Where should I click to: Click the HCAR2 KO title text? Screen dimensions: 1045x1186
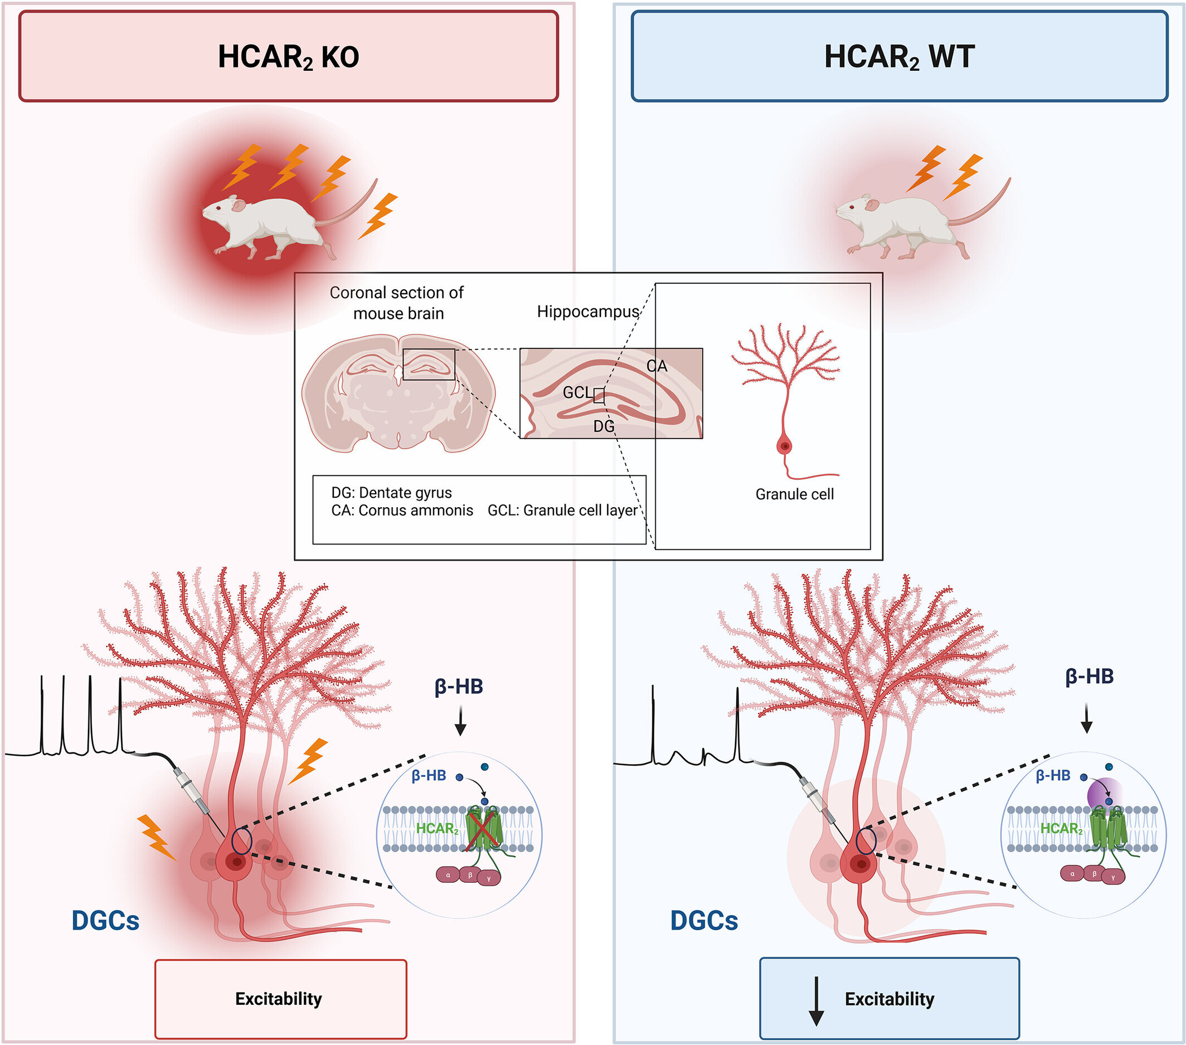pos(288,57)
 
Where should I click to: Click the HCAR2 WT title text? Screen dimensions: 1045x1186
pos(899,57)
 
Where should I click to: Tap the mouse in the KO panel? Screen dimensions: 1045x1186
pos(267,226)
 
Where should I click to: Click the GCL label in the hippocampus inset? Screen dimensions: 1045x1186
pos(577,393)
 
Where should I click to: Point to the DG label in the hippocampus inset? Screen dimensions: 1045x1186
pos(604,426)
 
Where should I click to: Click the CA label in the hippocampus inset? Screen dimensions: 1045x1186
pos(657,366)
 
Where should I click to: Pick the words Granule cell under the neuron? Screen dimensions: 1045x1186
pos(794,494)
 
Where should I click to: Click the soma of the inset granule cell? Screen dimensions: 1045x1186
pos(785,446)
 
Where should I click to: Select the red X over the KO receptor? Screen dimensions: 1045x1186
pos(483,831)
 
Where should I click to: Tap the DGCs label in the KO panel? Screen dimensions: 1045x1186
pos(105,921)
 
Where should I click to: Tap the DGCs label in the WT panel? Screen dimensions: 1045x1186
pos(704,921)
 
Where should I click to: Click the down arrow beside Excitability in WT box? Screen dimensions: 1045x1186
pos(816,1001)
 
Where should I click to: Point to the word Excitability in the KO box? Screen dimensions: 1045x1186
pos(279,999)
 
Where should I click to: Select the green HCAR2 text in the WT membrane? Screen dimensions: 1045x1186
pos(1061,829)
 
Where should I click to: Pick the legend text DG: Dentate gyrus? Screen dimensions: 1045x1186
pos(391,493)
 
